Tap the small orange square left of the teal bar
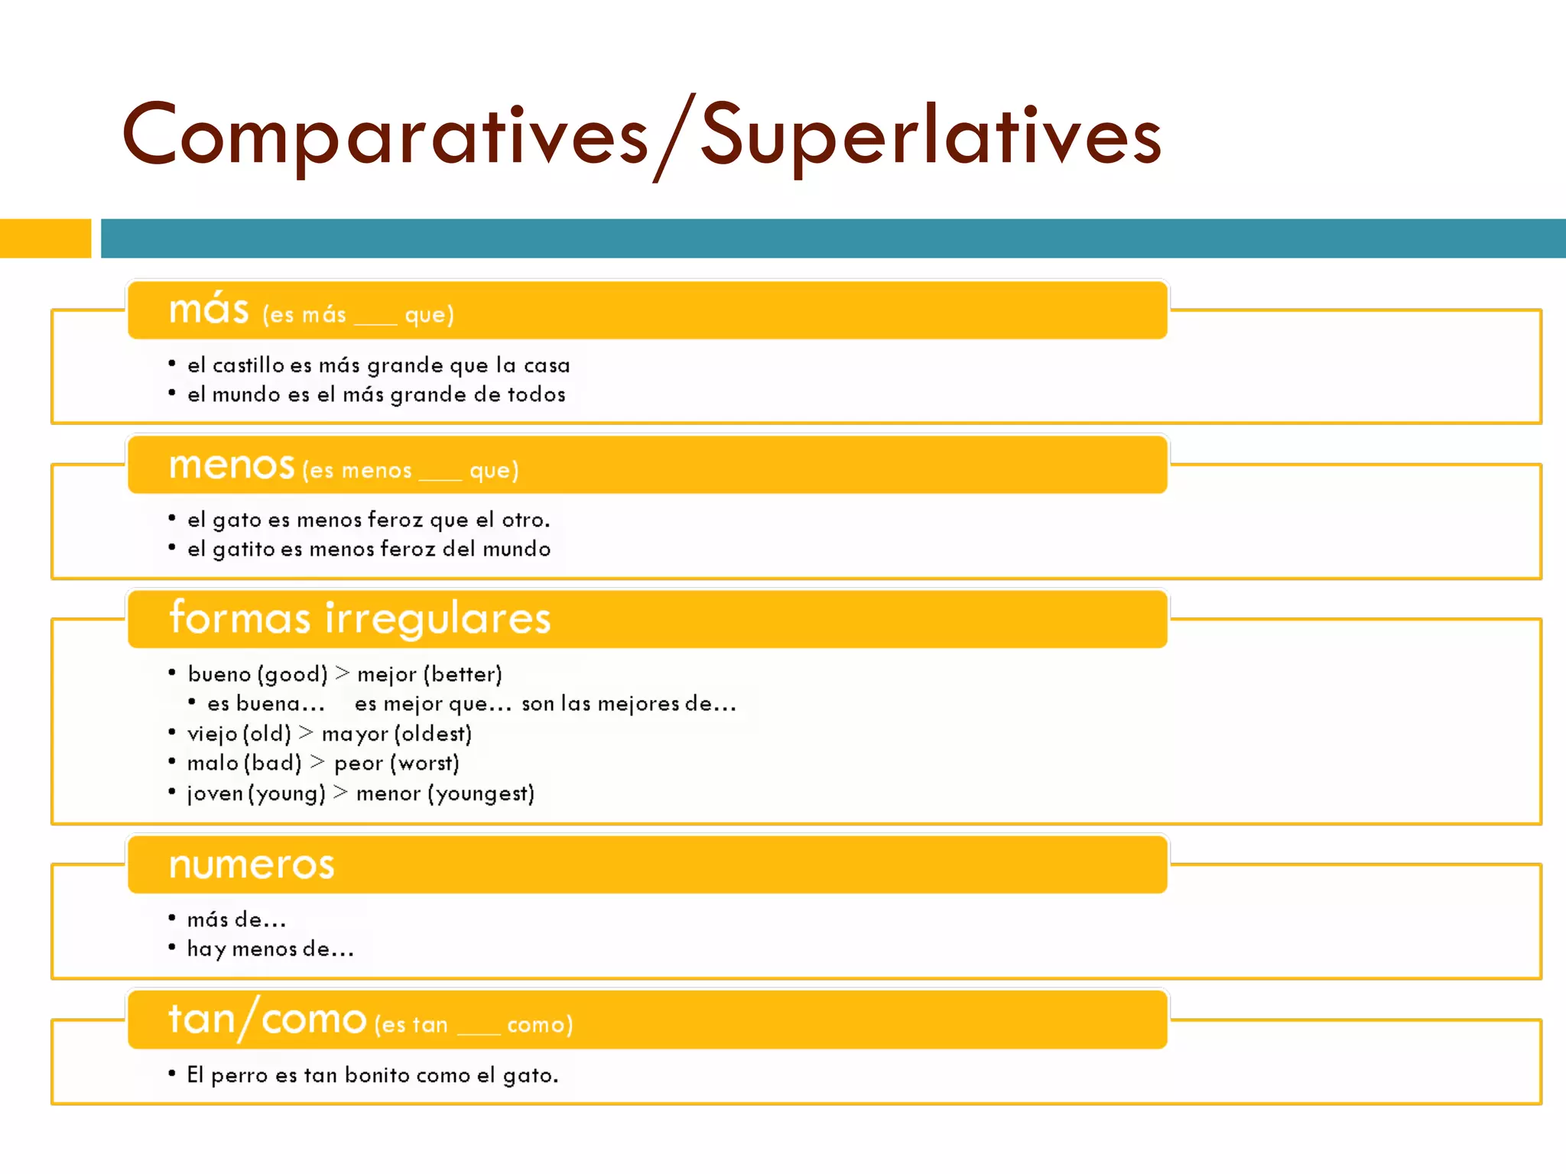coord(45,238)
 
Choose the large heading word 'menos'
coord(232,465)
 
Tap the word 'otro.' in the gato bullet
coord(525,520)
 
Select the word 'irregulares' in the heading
coord(437,618)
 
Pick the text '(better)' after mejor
coord(462,674)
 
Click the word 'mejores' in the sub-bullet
coord(638,703)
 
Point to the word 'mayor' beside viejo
coord(355,734)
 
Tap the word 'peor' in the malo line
coord(358,763)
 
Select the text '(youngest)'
coord(480,793)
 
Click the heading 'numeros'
coord(252,865)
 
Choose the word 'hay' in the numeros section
coord(206,949)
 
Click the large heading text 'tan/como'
coord(267,1020)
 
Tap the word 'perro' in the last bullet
coord(239,1075)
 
